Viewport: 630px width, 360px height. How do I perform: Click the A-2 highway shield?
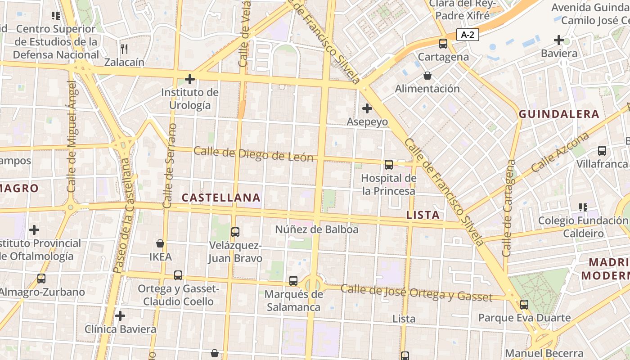(468, 35)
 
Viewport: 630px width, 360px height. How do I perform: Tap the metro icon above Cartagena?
(443, 44)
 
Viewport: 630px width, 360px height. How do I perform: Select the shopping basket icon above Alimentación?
(427, 76)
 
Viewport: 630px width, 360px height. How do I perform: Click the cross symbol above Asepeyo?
(367, 108)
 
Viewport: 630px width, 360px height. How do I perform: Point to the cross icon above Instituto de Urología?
(190, 80)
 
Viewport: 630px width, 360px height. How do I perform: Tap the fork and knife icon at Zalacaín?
(125, 49)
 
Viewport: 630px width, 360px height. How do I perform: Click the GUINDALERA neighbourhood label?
(559, 114)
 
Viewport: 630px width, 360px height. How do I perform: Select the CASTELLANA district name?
(221, 198)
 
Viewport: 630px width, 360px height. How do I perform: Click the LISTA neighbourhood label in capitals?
(423, 215)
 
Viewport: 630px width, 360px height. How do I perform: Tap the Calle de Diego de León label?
(253, 154)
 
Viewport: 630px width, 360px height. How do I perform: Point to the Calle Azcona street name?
(560, 153)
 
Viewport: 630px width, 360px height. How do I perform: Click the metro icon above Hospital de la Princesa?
(389, 165)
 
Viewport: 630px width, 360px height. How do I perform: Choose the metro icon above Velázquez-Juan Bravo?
(235, 232)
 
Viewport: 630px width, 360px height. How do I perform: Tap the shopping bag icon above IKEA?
(160, 243)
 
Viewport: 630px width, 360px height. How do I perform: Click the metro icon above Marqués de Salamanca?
(293, 281)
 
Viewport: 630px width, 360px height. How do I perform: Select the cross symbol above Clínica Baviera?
(120, 316)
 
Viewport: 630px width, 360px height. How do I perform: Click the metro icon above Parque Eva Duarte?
(524, 305)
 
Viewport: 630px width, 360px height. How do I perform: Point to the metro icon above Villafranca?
(602, 151)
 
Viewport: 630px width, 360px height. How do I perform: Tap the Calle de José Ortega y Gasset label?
(416, 292)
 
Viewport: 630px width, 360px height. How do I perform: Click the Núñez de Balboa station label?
(317, 229)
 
